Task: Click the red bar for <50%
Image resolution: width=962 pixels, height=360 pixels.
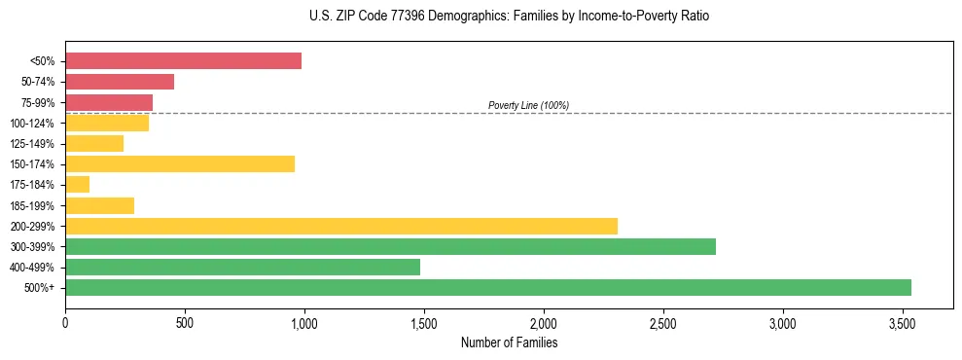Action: pyautogui.click(x=183, y=61)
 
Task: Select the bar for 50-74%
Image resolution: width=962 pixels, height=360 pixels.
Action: pyautogui.click(x=120, y=82)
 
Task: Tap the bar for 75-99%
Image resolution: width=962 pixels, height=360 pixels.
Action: pyautogui.click(x=109, y=102)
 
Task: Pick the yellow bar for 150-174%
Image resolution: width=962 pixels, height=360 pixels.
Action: pyautogui.click(x=180, y=164)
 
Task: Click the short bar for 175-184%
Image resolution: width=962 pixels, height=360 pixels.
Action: pyautogui.click(x=78, y=185)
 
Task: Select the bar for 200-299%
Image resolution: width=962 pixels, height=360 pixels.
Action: pyautogui.click(x=341, y=226)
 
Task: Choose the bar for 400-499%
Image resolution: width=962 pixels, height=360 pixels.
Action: pyautogui.click(x=242, y=267)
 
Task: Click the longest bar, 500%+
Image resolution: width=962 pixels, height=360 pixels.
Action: pyautogui.click(x=488, y=287)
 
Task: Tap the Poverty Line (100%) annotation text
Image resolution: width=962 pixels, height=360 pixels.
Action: pyautogui.click(x=528, y=105)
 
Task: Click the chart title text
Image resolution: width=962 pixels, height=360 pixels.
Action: pyautogui.click(x=481, y=17)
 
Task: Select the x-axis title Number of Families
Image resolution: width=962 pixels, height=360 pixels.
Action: pyautogui.click(x=509, y=342)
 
